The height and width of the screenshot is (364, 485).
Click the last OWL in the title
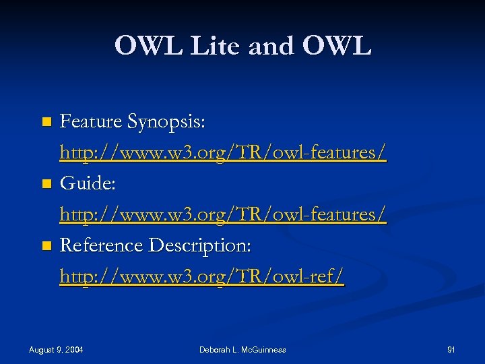click(x=337, y=46)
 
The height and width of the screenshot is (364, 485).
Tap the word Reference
click(x=101, y=245)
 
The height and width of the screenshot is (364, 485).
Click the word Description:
click(x=199, y=245)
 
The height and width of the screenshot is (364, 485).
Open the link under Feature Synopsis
click(x=222, y=153)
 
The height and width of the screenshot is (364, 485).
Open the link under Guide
click(x=222, y=214)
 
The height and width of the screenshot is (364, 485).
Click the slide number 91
click(x=451, y=349)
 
